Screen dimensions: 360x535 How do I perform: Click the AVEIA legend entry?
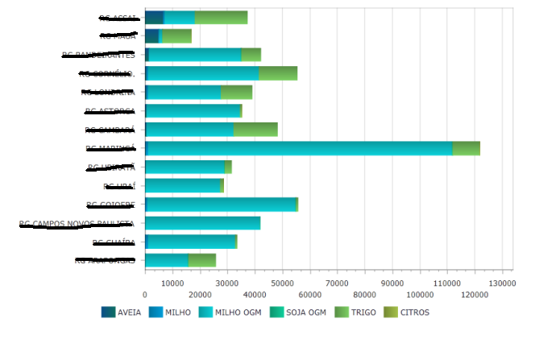pyautogui.click(x=123, y=312)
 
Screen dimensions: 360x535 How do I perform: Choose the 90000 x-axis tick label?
pyautogui.click(x=392, y=283)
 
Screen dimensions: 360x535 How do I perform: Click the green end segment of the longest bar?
pyautogui.click(x=466, y=148)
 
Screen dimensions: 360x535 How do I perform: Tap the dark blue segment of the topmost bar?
pyautogui.click(x=154, y=18)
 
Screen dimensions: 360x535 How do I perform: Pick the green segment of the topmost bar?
pyautogui.click(x=221, y=18)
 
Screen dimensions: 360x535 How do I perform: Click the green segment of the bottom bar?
pyautogui.click(x=201, y=259)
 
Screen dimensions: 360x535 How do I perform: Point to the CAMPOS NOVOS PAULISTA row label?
pyautogui.click(x=77, y=223)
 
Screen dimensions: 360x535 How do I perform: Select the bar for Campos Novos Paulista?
pyautogui.click(x=202, y=223)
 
